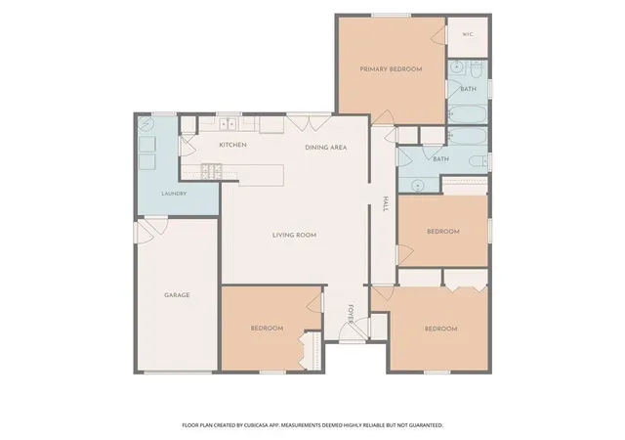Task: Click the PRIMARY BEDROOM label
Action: point(391,69)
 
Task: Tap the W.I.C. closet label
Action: point(468,35)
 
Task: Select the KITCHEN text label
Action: point(232,145)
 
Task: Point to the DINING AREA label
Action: point(325,148)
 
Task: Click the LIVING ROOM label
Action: point(294,236)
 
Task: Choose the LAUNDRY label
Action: point(174,194)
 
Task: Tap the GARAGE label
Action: point(177,295)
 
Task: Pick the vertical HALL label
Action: point(386,204)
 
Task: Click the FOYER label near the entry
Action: point(351,314)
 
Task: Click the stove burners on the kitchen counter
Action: point(211,171)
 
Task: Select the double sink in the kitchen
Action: point(228,124)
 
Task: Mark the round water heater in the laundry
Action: point(146,124)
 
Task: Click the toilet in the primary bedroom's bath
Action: point(477,70)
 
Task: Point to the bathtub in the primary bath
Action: point(467,114)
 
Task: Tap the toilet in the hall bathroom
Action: point(479,161)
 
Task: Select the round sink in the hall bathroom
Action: point(417,186)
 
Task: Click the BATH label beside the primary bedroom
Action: point(468,89)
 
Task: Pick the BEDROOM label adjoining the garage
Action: point(267,329)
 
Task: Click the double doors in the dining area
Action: point(310,123)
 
